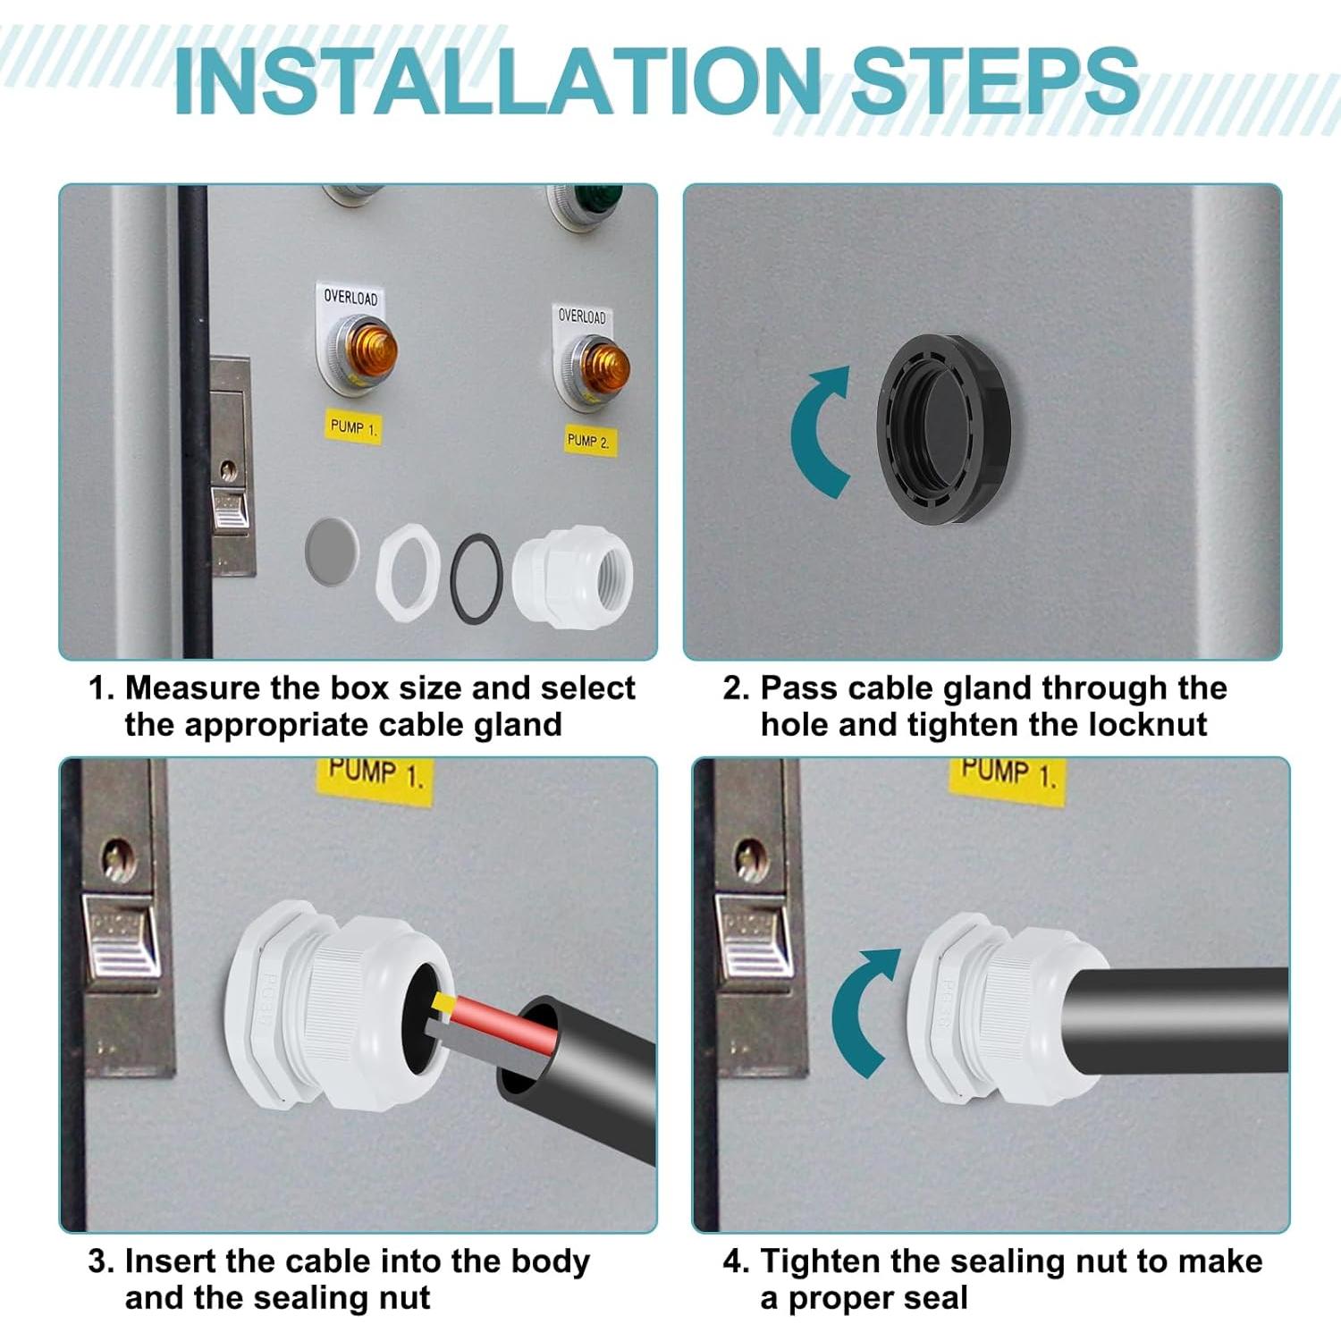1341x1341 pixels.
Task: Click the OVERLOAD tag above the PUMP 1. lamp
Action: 350,298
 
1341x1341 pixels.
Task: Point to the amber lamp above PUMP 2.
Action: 603,368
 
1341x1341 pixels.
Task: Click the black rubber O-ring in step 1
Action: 477,578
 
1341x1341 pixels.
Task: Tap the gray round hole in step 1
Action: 332,551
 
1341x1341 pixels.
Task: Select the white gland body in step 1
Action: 573,577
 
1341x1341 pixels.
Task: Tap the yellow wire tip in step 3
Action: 440,1003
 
